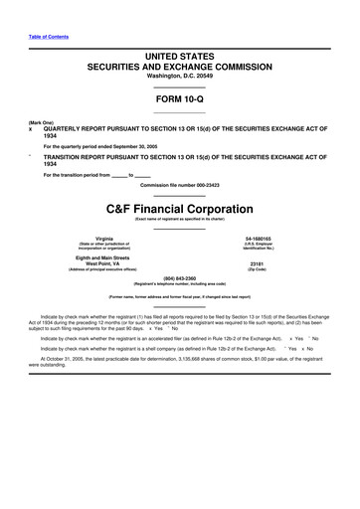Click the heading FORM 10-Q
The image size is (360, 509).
(x=179, y=100)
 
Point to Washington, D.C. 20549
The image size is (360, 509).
(x=179, y=82)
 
